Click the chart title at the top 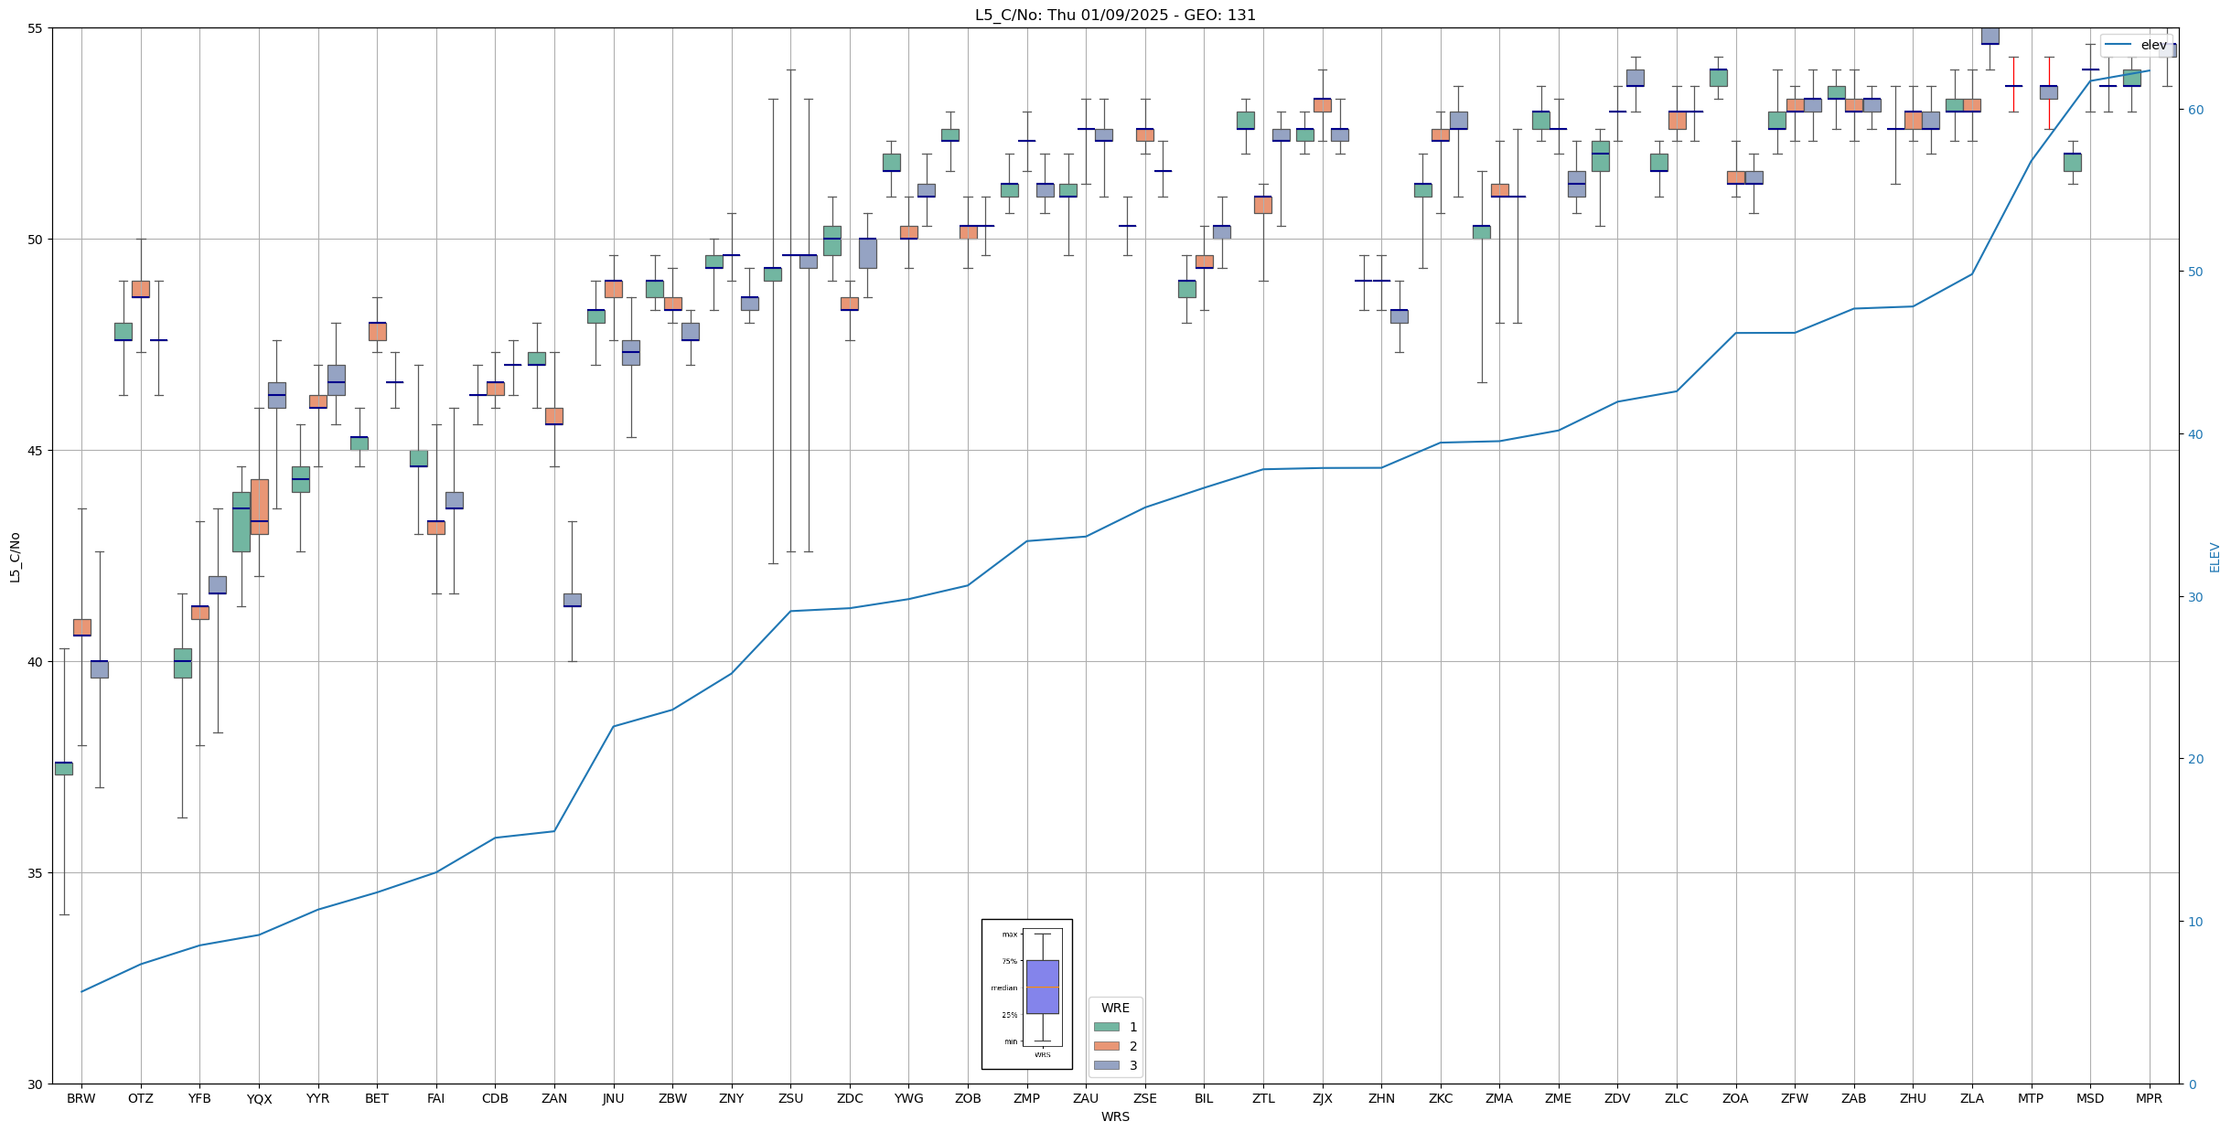[x=1115, y=15]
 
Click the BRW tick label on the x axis [x=81, y=1098]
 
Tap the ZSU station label [x=790, y=1098]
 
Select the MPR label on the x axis [x=2149, y=1098]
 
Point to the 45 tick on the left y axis [x=37, y=451]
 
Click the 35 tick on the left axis [x=37, y=873]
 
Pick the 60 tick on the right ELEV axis [x=2194, y=110]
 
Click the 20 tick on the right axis [x=2194, y=759]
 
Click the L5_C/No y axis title [x=15, y=557]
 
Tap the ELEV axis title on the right [x=2215, y=557]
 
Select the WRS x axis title [x=1115, y=1116]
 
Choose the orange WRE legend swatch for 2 [x=1107, y=1046]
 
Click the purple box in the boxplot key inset [x=1042, y=987]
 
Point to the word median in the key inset [x=1003, y=988]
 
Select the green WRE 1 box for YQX [x=241, y=522]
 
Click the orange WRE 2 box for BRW [x=81, y=627]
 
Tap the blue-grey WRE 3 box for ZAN [x=572, y=600]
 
